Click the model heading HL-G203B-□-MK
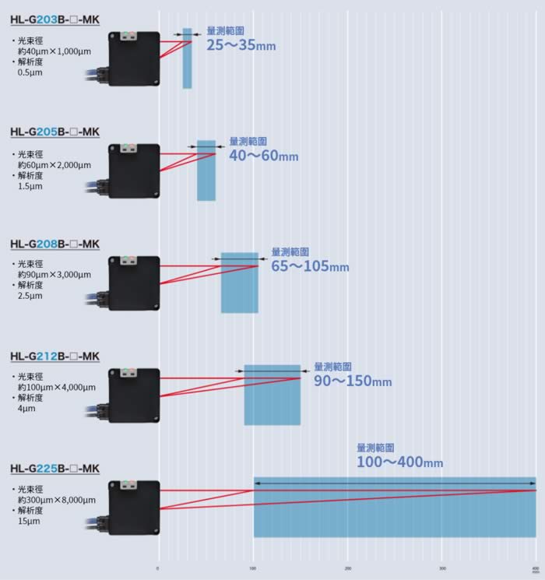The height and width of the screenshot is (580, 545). coord(55,19)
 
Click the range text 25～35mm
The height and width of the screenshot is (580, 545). coord(241,45)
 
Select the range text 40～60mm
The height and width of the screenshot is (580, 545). coord(263,156)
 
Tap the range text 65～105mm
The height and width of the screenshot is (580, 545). coord(310,267)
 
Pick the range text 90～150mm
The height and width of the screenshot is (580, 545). coord(353,381)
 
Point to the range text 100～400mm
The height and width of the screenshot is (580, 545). coord(399,462)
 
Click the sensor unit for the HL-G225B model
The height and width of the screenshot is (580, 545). coord(134,508)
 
